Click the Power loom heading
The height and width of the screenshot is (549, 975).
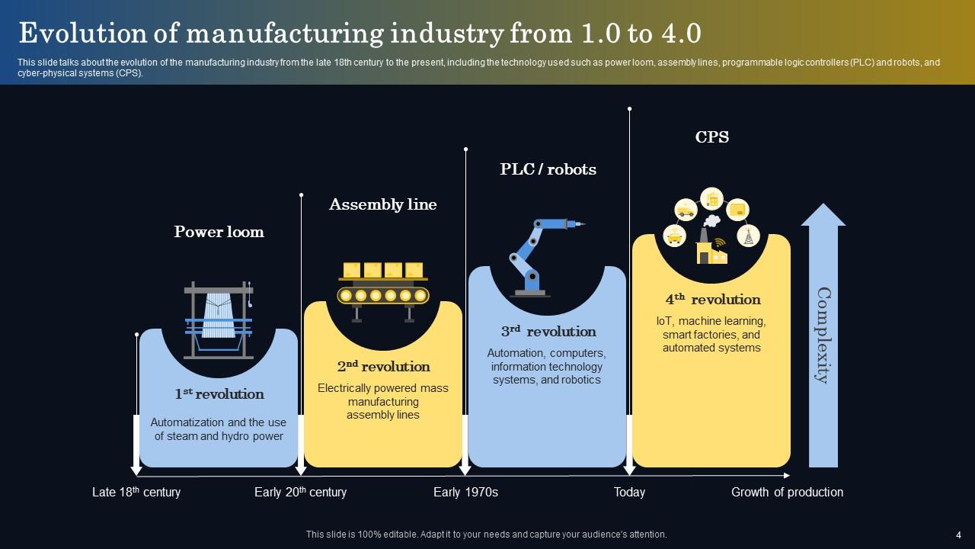point(219,232)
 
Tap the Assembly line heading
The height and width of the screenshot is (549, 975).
point(382,204)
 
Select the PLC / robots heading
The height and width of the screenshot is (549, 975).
point(548,169)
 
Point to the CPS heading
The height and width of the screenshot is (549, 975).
point(711,137)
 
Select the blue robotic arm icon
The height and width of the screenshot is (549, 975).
point(540,256)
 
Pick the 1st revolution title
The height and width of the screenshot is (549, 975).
point(219,394)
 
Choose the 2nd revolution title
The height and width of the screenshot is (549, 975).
point(383,367)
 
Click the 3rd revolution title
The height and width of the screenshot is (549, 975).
point(548,332)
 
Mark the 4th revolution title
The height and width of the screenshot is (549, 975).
point(712,300)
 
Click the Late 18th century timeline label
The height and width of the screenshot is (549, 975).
point(136,492)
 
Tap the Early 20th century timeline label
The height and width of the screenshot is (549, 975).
point(300,492)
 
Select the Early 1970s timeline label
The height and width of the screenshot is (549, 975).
point(465,492)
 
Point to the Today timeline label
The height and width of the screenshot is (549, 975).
point(629,492)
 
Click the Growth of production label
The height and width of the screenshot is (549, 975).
point(787,492)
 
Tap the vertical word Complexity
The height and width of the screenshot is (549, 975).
point(823,335)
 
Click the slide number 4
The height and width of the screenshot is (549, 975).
point(958,535)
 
